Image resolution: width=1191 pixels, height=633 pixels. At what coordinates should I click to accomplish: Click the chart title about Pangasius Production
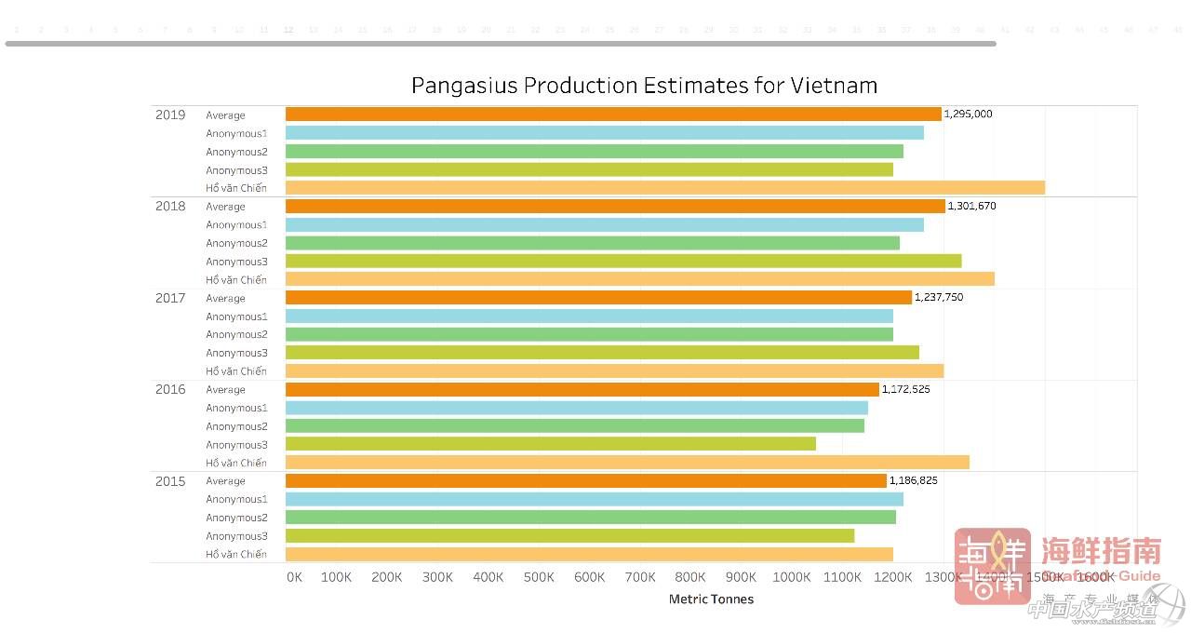coord(644,86)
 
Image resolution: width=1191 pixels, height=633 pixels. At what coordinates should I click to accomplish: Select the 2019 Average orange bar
coord(613,114)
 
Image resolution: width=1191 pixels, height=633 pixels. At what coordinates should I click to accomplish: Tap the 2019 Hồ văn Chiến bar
coord(664,188)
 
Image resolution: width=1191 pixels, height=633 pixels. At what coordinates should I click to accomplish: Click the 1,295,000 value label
coord(968,114)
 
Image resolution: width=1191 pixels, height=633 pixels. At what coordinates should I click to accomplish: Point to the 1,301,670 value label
coord(971,206)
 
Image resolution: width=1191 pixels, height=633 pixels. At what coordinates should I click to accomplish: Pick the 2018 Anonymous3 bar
coord(622,262)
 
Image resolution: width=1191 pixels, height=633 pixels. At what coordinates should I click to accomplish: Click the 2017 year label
coord(170,298)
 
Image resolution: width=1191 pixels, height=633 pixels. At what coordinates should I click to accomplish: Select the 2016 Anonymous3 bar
coord(550,444)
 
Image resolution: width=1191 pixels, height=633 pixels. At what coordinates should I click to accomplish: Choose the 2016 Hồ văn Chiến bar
coord(627,463)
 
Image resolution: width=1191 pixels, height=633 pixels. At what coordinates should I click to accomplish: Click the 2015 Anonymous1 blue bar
coord(594,499)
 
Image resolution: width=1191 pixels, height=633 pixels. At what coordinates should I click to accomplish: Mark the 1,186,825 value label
coord(913,481)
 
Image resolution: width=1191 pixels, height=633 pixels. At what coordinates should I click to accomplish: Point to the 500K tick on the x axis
coord(539,577)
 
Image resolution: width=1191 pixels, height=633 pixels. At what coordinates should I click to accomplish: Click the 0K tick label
coord(294,577)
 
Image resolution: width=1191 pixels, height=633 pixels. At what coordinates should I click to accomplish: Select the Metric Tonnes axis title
coord(711,599)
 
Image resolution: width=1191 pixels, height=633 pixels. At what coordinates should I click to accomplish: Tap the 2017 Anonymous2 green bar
coord(589,334)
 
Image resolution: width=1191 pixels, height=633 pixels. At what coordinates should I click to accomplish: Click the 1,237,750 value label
coord(939,298)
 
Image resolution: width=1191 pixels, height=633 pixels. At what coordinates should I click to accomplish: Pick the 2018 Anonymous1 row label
coord(236,224)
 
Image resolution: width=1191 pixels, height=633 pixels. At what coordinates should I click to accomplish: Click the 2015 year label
coord(170,481)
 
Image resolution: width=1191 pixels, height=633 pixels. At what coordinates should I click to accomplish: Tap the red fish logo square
coord(992,566)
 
